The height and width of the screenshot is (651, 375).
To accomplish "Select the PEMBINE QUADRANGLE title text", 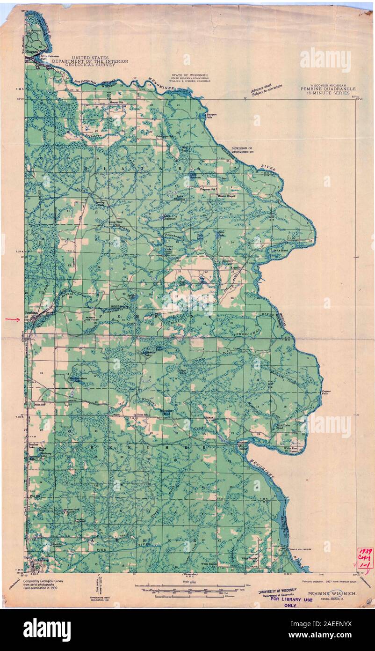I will click(328, 89).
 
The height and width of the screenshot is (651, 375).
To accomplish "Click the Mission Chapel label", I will click(226, 196).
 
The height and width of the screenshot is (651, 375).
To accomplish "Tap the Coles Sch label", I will click(141, 415).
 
